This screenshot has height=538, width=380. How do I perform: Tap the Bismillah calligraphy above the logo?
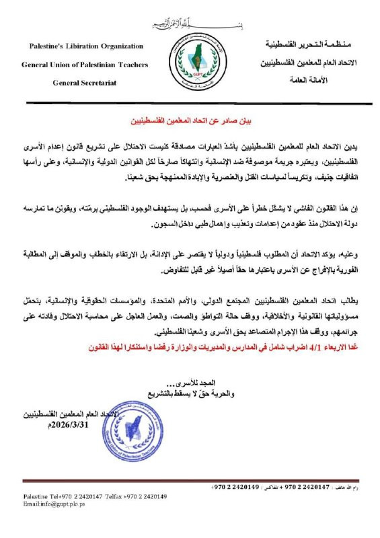click(190, 24)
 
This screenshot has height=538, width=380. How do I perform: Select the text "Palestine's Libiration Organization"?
click(86, 46)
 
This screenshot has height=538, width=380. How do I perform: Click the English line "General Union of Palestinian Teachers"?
click(86, 65)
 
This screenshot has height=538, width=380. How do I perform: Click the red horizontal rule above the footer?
click(190, 481)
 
